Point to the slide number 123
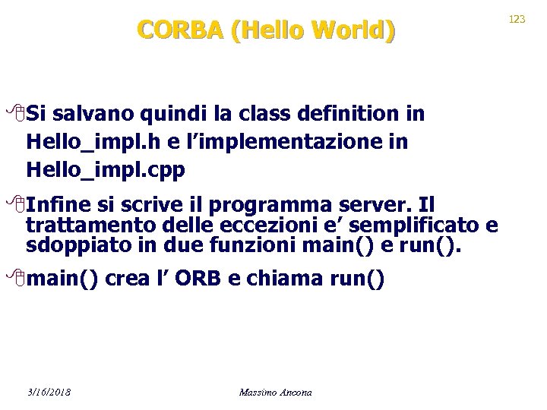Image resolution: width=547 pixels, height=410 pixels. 517,19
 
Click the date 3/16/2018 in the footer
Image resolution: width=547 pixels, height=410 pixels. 48,393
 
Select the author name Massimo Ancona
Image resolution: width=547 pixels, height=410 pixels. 275,393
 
